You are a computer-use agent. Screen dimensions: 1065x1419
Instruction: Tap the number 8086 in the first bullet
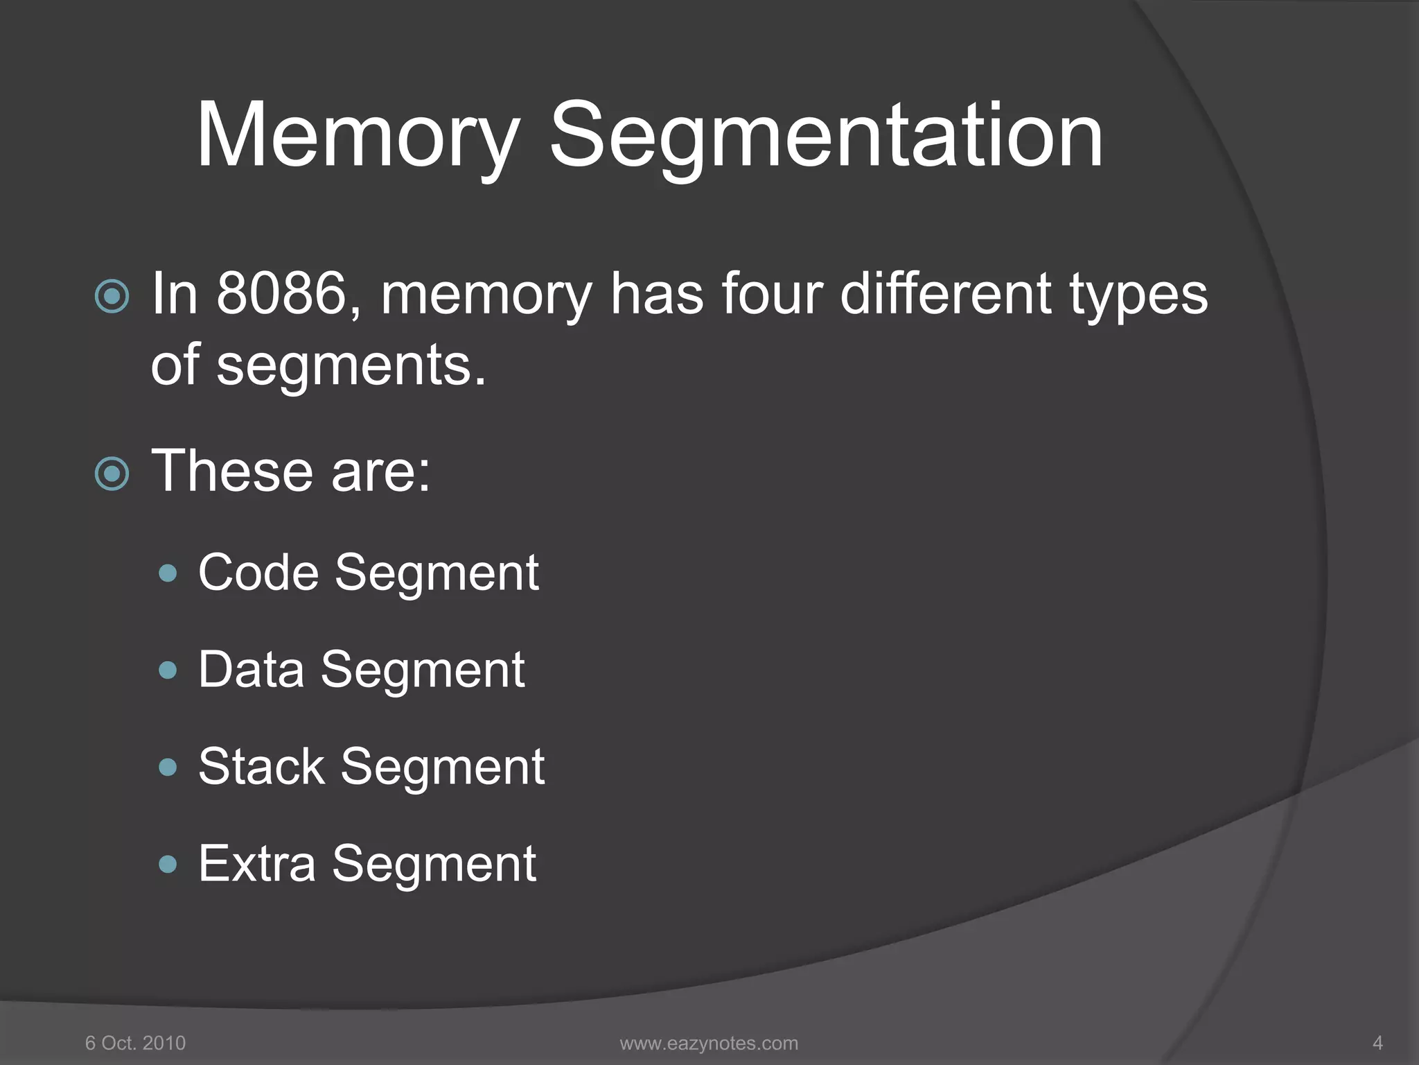tap(281, 294)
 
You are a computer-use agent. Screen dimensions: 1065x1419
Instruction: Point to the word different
tap(946, 294)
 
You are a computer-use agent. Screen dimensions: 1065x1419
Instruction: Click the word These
tap(232, 471)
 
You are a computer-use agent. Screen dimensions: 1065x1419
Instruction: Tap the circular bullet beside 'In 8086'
tap(112, 297)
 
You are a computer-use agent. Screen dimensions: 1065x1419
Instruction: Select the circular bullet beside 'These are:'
tap(112, 474)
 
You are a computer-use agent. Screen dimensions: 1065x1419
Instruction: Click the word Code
tap(258, 573)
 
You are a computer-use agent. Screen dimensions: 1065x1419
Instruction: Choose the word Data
tap(251, 670)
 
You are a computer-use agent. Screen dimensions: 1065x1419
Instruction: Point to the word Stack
tap(261, 768)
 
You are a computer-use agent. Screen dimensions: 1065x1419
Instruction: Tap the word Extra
tap(256, 865)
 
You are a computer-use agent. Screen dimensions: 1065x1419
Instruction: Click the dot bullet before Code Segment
tap(168, 573)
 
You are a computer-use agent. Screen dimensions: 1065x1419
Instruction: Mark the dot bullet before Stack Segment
tap(168, 767)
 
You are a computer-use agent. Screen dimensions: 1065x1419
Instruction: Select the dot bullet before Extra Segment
tap(168, 864)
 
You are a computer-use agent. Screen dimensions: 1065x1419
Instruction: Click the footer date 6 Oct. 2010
tap(135, 1043)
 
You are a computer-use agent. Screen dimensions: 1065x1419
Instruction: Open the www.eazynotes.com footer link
tap(709, 1043)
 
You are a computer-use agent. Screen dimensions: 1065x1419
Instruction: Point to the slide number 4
tap(1377, 1043)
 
